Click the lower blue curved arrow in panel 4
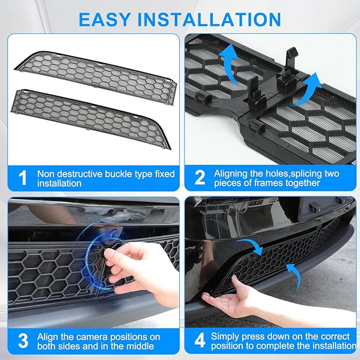pos(292,270)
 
